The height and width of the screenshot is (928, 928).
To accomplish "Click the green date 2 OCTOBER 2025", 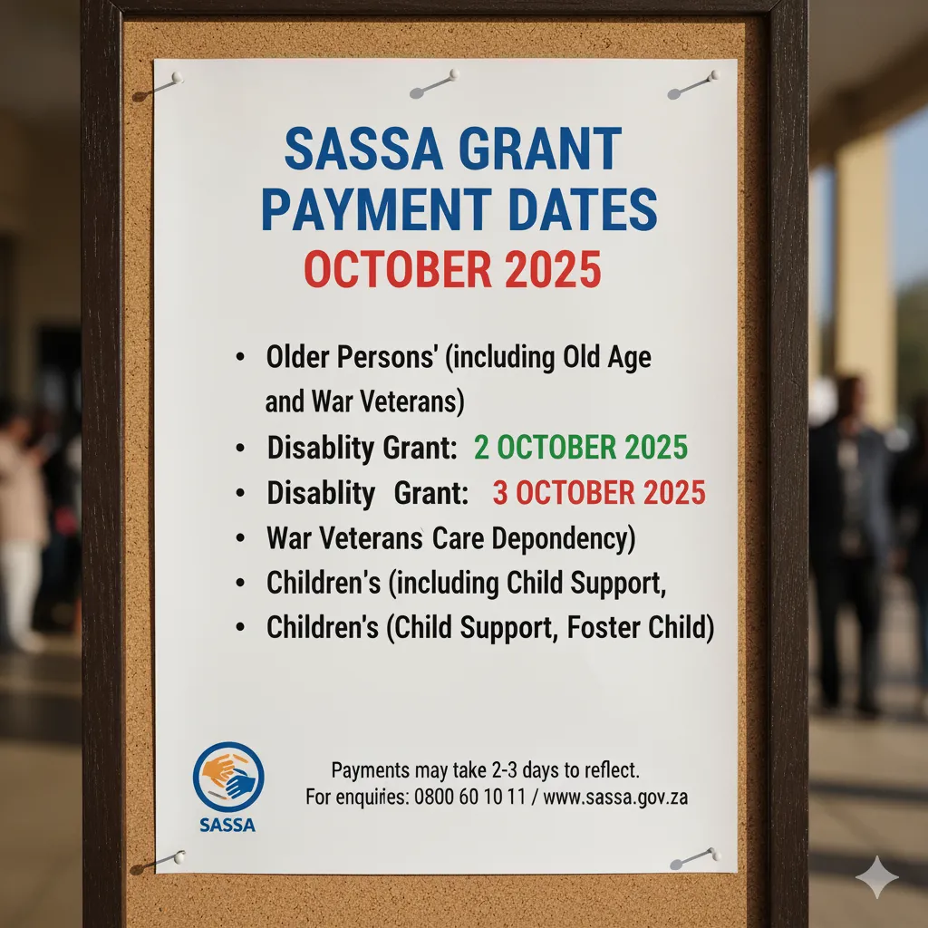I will (x=580, y=447).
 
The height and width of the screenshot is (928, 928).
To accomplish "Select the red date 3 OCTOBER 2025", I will (x=599, y=493).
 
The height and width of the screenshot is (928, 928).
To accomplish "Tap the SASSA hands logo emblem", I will (x=228, y=777).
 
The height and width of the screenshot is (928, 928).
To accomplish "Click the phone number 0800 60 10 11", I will (x=471, y=798).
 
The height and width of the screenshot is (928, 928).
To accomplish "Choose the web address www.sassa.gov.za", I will (x=616, y=798).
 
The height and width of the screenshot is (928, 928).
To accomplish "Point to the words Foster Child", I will (x=640, y=627).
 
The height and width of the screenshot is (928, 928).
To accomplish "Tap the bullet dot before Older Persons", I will (x=239, y=358).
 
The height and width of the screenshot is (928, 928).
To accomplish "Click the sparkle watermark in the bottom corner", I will (x=876, y=876).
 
